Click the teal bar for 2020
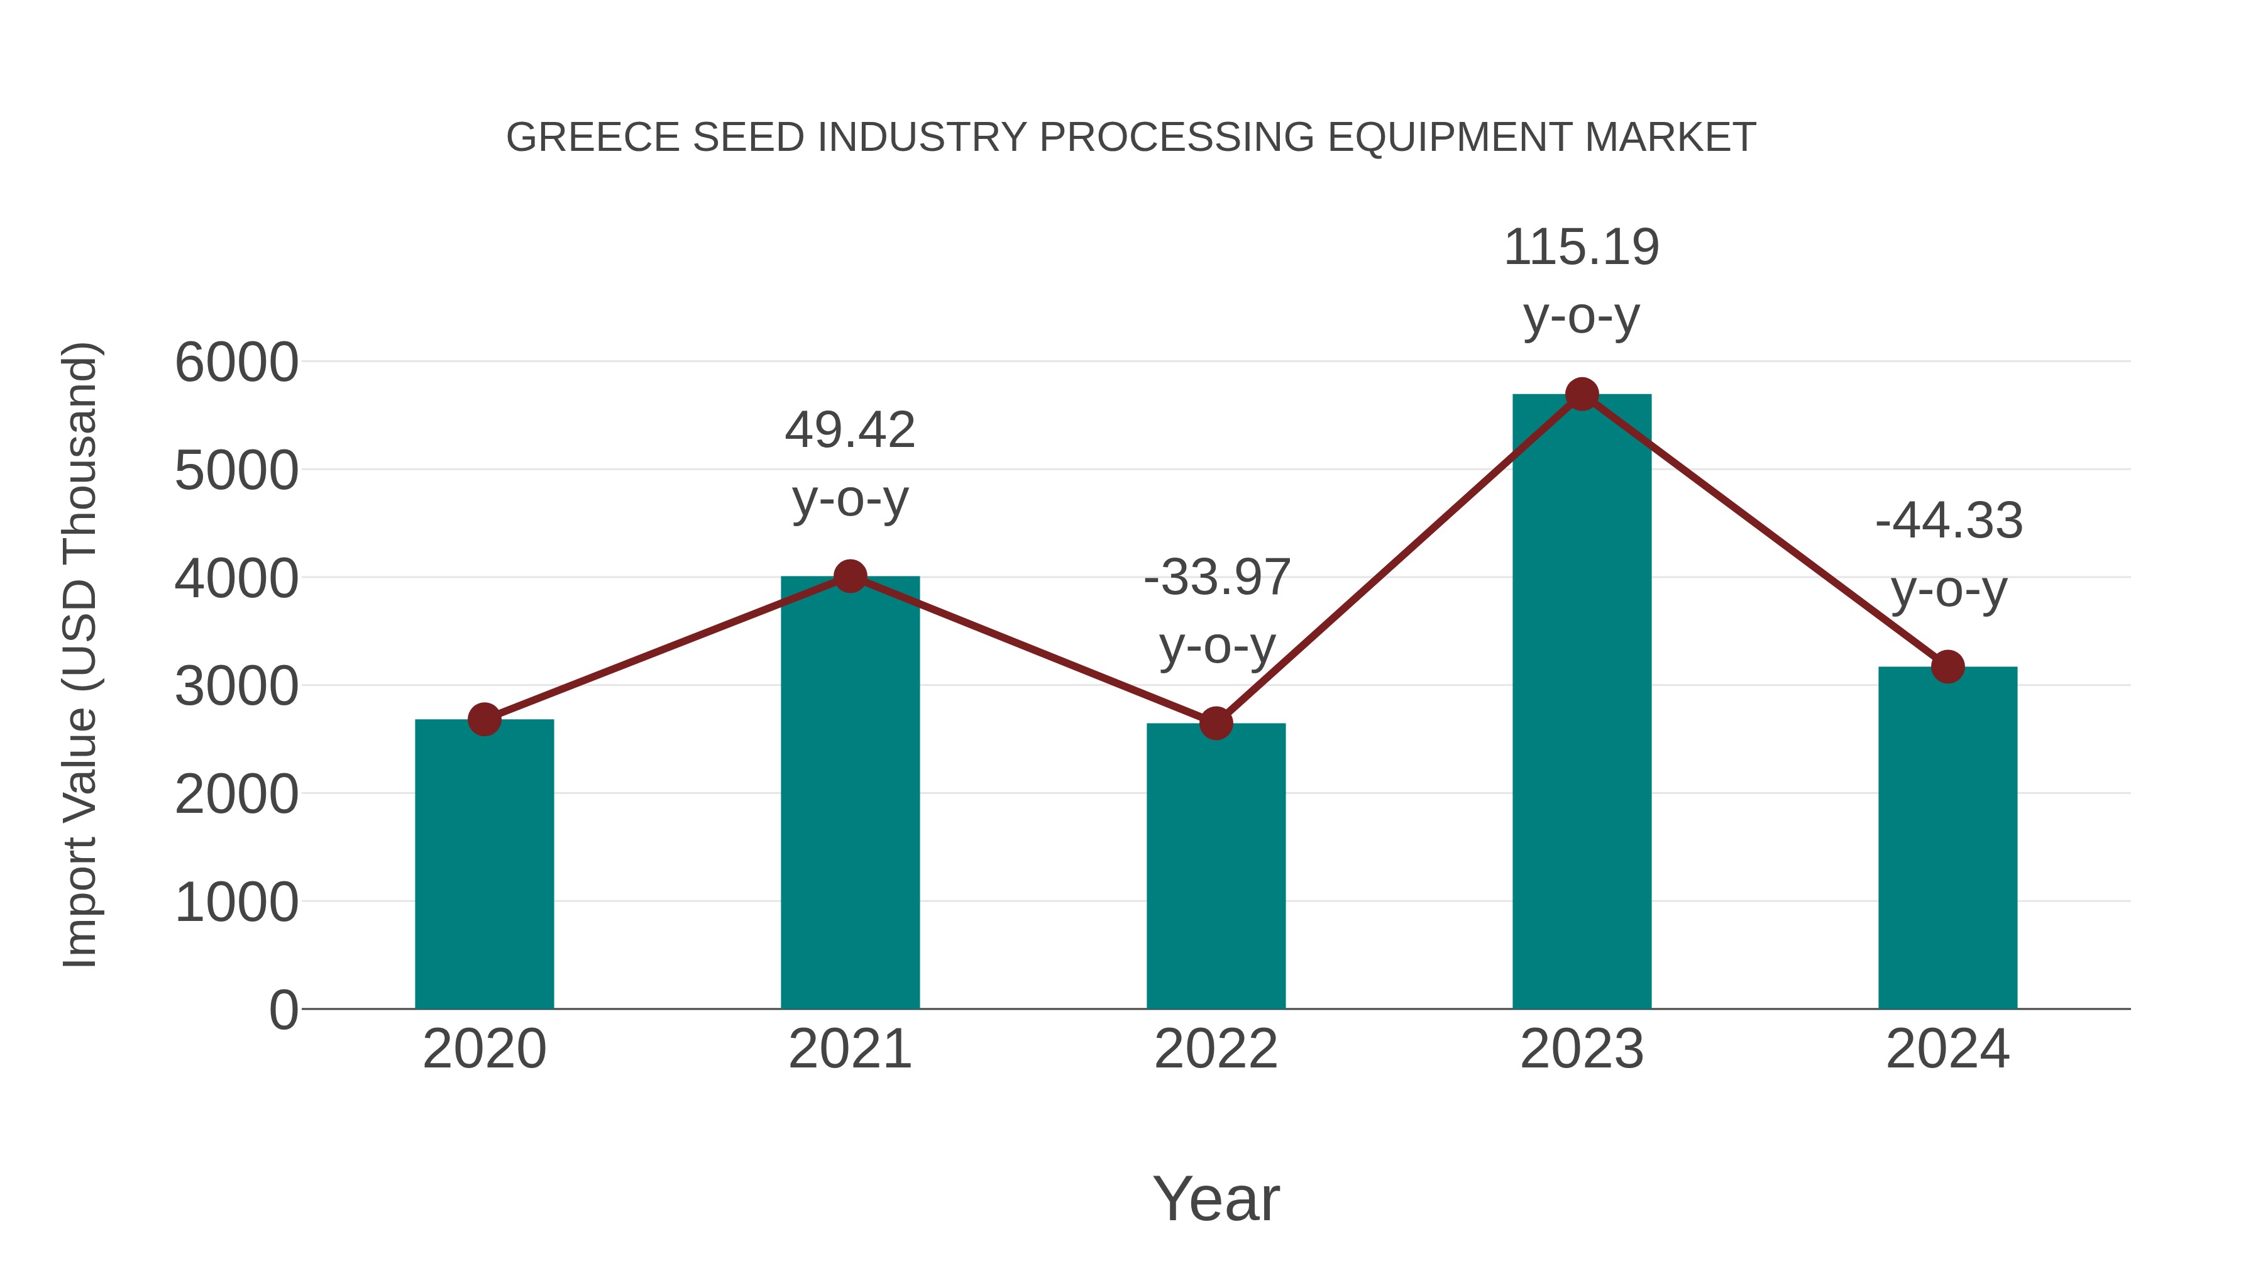pyautogui.click(x=484, y=866)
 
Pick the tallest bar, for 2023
pyautogui.click(x=1582, y=703)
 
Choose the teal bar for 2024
pyautogui.click(x=1947, y=839)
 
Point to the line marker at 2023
pyautogui.click(x=1582, y=394)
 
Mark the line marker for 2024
pyautogui.click(x=1947, y=667)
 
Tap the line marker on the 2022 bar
pyautogui.click(x=1216, y=723)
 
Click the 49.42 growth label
pyautogui.click(x=849, y=431)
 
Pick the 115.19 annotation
pyautogui.click(x=1582, y=248)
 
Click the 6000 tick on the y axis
pyautogui.click(x=236, y=363)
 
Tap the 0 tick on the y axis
pyautogui.click(x=283, y=1010)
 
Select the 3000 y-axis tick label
pyautogui.click(x=236, y=687)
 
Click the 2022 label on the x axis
pyautogui.click(x=1216, y=1049)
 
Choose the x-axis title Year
pyautogui.click(x=1216, y=1198)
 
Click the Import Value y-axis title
pyautogui.click(x=81, y=654)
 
